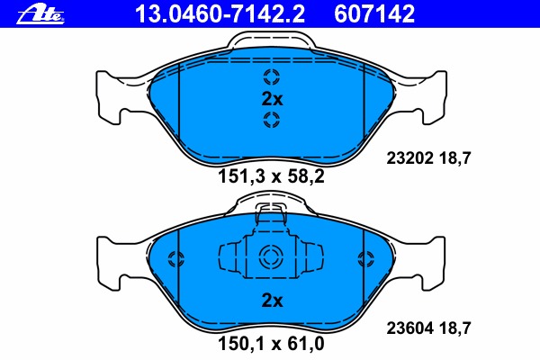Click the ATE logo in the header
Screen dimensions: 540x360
click(x=40, y=14)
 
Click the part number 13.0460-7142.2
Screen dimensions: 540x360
click(x=220, y=13)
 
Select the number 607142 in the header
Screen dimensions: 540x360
click(x=374, y=13)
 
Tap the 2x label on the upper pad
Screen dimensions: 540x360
click(x=272, y=99)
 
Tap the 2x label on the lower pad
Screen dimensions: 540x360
click(x=272, y=301)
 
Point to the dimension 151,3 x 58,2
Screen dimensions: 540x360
click(x=271, y=176)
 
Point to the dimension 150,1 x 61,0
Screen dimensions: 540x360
click(x=271, y=344)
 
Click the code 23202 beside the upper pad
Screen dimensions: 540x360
click(x=409, y=158)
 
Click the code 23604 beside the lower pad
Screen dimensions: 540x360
click(x=409, y=328)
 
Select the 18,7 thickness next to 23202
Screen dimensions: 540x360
click(x=454, y=158)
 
